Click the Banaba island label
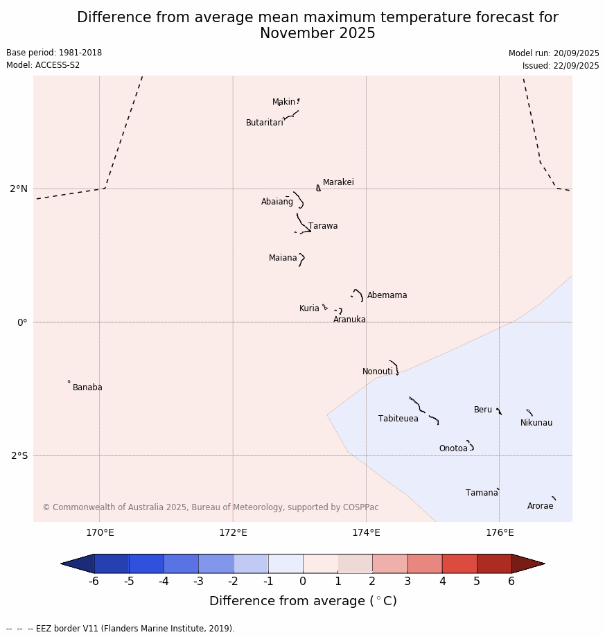[87, 387]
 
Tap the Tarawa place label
[323, 226]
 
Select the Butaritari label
[265, 123]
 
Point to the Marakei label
[338, 182]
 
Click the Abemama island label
[387, 295]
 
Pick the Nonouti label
[378, 372]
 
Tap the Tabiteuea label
[398, 419]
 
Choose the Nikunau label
[536, 423]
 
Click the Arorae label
[541, 506]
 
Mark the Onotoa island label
[453, 448]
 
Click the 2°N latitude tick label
[19, 189]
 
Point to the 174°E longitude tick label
[366, 532]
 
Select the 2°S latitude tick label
[19, 455]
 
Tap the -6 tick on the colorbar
[94, 582]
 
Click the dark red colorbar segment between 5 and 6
[494, 564]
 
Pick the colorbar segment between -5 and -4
[146, 564]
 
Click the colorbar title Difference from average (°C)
[303, 601]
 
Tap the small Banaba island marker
[69, 381]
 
